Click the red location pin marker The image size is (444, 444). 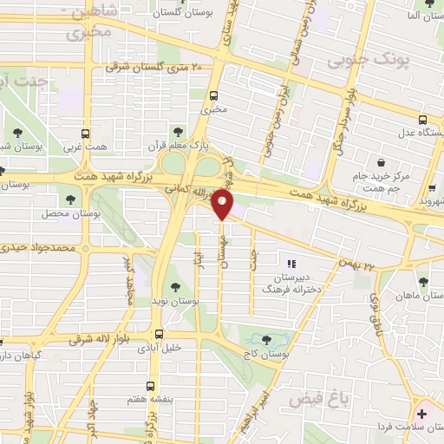click(x=224, y=205)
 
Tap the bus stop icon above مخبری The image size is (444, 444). click(x=213, y=96)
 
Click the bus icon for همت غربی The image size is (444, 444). click(x=85, y=134)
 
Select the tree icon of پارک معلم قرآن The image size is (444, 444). click(x=178, y=132)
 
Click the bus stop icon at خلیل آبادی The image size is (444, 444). click(x=158, y=333)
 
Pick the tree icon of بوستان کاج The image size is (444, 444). click(x=265, y=339)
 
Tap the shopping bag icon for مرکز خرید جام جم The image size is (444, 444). click(x=380, y=161)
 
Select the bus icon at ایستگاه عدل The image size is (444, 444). click(x=422, y=120)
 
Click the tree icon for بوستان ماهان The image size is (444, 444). click(x=422, y=282)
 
